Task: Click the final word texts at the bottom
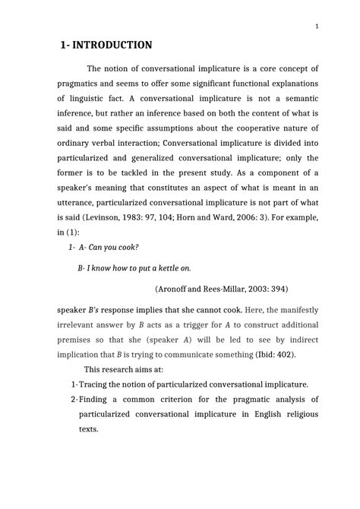coord(90,429)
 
